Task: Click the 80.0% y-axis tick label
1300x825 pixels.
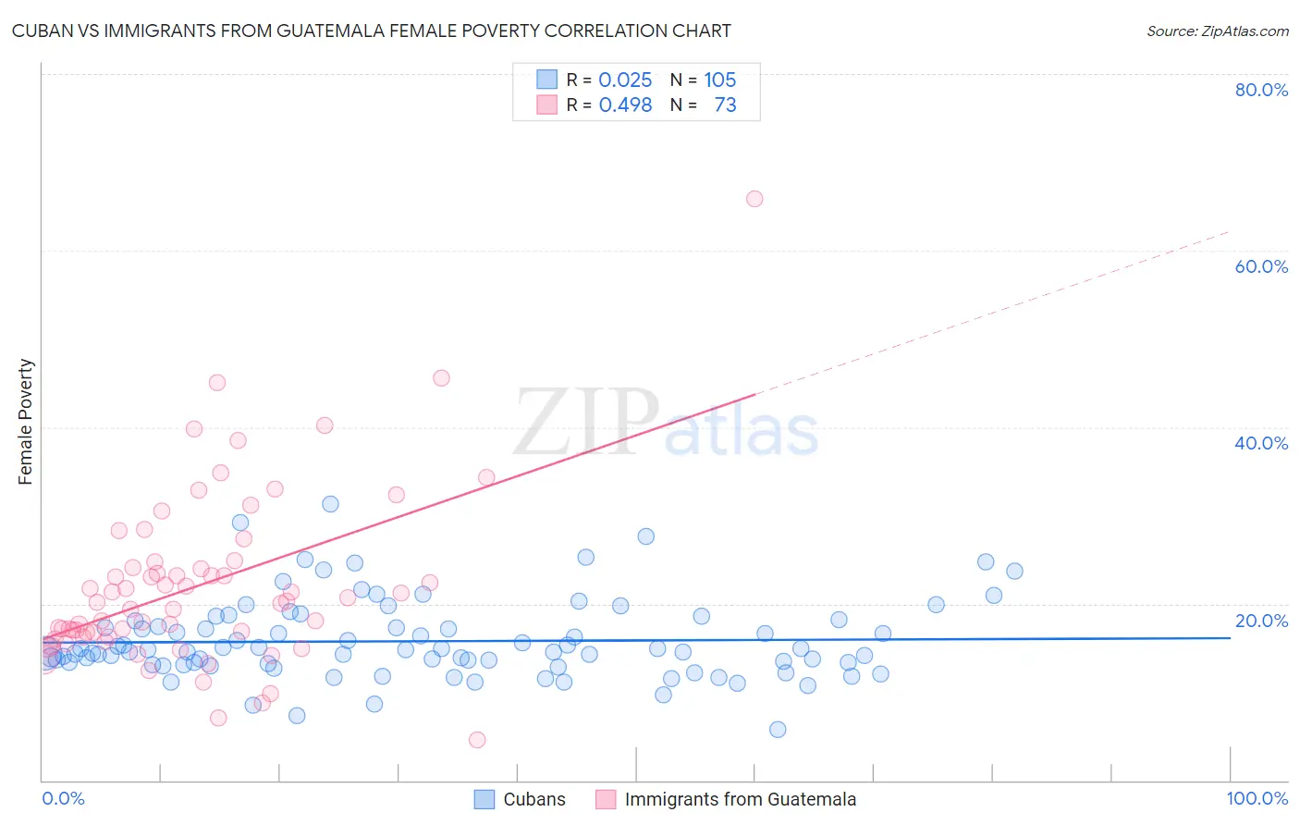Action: pos(1261,90)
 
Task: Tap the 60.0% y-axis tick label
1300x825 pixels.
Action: pos(1261,266)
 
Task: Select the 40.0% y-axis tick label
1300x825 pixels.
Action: pos(1261,443)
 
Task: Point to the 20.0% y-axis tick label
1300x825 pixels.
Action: pos(1261,621)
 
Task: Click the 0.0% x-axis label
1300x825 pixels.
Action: pos(63,798)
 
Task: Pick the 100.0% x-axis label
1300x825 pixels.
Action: pos(1257,798)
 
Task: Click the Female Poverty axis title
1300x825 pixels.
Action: pos(26,422)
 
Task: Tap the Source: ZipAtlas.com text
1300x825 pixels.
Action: pos(1217,31)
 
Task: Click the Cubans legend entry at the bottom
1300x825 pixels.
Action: pos(533,799)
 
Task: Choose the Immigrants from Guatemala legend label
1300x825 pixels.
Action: pos(740,799)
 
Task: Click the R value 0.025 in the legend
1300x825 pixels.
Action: pos(625,80)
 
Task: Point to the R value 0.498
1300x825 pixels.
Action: pos(625,105)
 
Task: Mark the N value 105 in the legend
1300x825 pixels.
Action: pos(719,80)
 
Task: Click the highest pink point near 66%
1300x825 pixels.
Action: pos(754,199)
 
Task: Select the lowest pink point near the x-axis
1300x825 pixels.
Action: pos(477,740)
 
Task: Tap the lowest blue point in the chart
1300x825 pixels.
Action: pos(778,730)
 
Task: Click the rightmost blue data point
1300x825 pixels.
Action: pos(1014,572)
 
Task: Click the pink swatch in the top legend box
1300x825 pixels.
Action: pos(547,105)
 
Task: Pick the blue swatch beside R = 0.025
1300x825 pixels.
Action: pos(547,80)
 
